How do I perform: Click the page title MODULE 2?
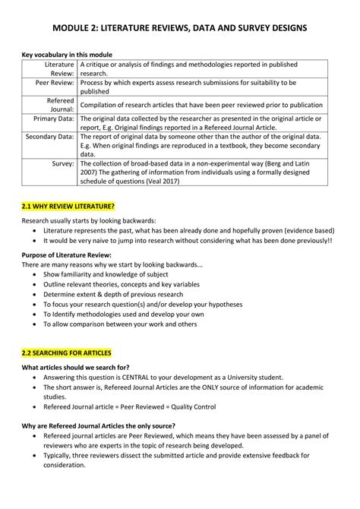(180, 28)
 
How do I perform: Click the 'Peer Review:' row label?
(52, 82)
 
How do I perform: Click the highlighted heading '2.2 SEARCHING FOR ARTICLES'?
(66, 353)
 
